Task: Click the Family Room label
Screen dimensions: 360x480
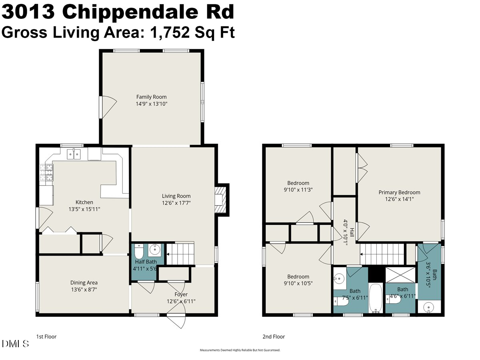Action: click(x=151, y=97)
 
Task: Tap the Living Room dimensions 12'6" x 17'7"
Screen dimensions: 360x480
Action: click(x=176, y=203)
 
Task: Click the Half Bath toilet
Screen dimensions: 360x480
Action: click(x=139, y=252)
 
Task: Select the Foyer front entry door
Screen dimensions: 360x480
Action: click(x=176, y=320)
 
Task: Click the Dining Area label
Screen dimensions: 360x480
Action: click(x=84, y=282)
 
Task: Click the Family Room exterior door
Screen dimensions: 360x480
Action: click(x=107, y=107)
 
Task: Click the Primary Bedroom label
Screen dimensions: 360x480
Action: click(x=399, y=192)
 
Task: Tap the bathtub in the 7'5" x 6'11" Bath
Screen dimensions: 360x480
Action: click(x=375, y=298)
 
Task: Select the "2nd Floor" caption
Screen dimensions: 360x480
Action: click(x=274, y=337)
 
